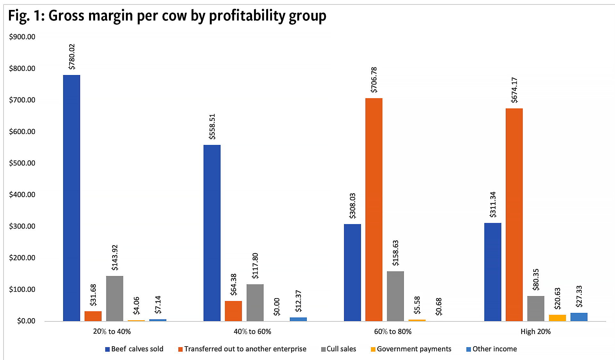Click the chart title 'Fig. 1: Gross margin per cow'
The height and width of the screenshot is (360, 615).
pos(167,16)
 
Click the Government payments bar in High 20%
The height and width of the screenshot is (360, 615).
pos(557,318)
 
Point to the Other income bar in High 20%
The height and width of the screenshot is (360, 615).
pos(579,317)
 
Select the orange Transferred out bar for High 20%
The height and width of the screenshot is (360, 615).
pos(514,214)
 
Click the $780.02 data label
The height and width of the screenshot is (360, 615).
pos(72,57)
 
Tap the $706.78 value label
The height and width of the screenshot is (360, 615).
pos(374,80)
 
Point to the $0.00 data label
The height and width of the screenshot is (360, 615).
pos(277,307)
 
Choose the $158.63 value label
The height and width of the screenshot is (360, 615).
pos(396,253)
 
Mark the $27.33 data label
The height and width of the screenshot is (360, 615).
pos(579,297)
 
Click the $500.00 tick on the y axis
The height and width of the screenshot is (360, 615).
pos(22,163)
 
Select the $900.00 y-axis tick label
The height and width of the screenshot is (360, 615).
pos(22,37)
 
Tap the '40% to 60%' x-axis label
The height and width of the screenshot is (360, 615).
pos(252,331)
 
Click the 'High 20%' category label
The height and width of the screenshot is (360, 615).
pos(536,331)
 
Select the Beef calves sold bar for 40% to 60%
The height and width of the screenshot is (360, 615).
pos(212,233)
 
